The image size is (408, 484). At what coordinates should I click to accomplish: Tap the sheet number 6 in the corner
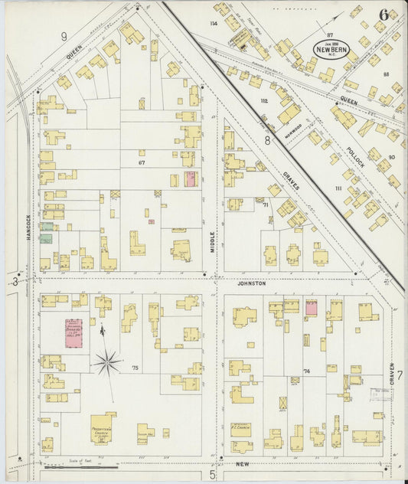(x=382, y=15)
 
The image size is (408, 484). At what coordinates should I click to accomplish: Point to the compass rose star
(x=107, y=358)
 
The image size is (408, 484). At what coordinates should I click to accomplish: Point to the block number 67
(x=141, y=162)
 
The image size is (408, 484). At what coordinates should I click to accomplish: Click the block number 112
(x=264, y=100)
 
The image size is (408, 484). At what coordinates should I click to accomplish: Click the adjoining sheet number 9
(x=64, y=35)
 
